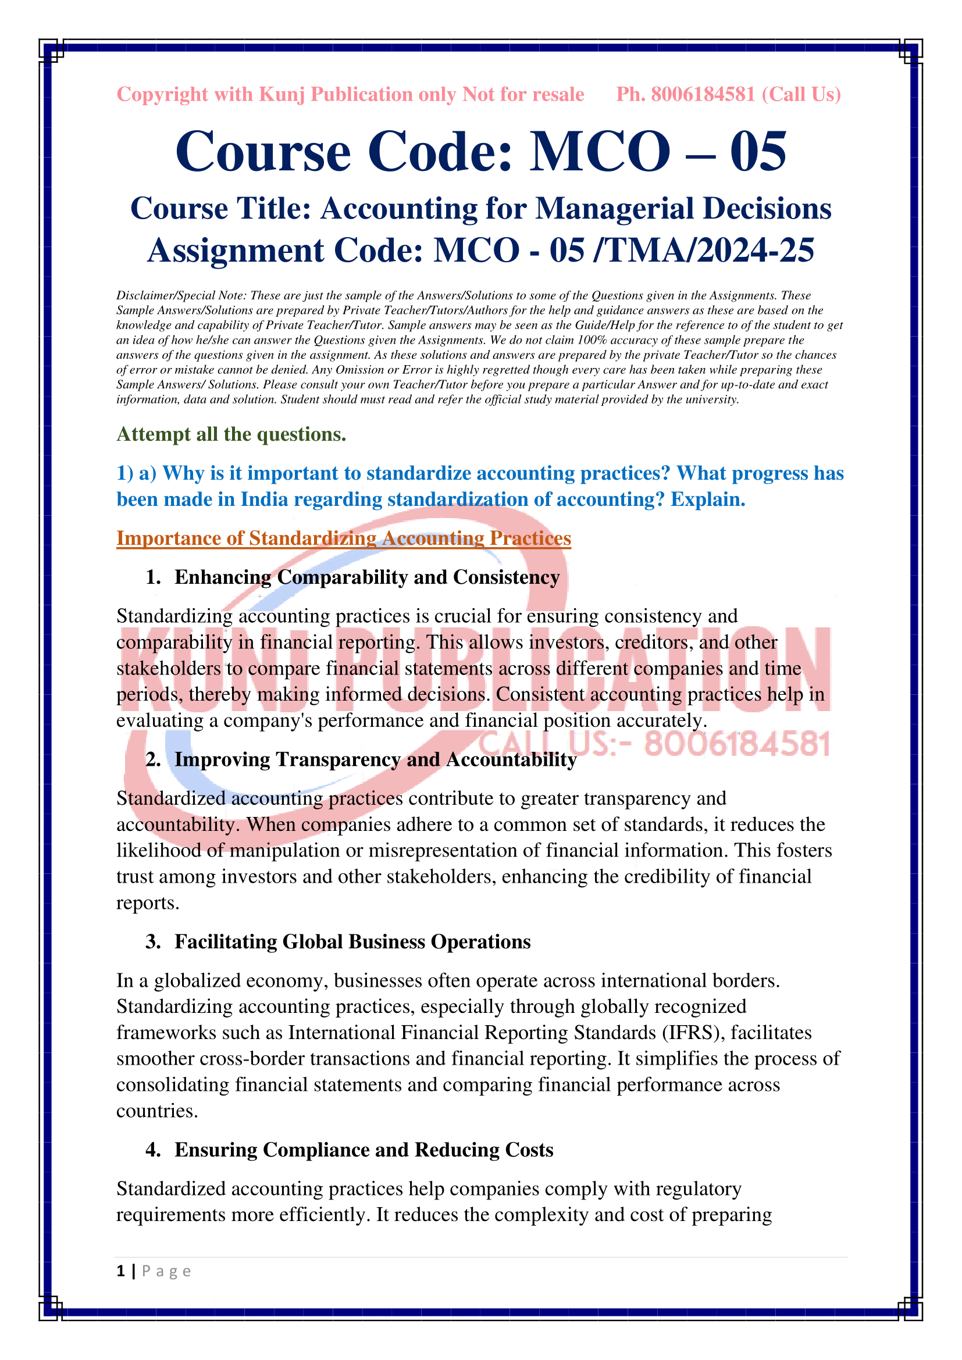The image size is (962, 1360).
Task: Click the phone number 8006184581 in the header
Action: click(x=703, y=94)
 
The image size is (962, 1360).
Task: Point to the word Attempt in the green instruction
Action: click(x=152, y=434)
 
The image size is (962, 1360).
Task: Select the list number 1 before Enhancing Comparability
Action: click(x=152, y=577)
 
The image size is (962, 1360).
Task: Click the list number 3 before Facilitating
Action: click(x=152, y=942)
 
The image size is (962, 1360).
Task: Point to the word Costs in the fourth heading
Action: click(x=529, y=1150)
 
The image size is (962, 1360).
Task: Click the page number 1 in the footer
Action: click(x=121, y=1271)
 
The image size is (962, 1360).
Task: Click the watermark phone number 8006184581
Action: click(x=737, y=744)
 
